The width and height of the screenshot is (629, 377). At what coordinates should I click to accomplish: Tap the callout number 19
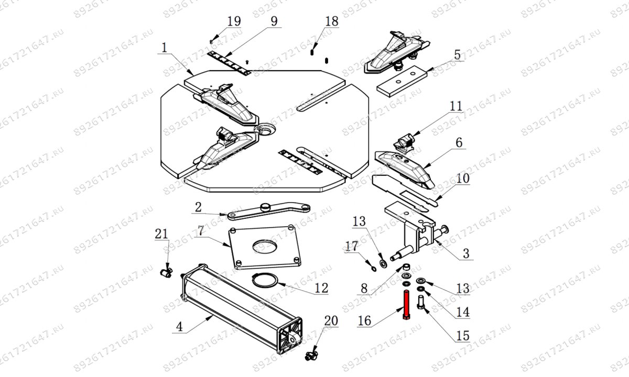coord(234,21)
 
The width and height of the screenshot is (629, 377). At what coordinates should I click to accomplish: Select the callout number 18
coord(331,22)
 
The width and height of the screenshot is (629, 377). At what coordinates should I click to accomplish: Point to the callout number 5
coord(457,54)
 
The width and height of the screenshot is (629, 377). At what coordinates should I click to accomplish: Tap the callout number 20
coord(331,320)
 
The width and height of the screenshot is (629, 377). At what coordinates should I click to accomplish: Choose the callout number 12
coord(321,287)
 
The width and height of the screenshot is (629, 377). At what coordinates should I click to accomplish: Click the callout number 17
coord(351,246)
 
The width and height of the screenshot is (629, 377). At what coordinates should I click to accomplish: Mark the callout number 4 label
coord(179,328)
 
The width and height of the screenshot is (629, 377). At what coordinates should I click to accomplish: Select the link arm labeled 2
coord(267,210)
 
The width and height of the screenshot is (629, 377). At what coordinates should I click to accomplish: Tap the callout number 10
coord(463,178)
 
